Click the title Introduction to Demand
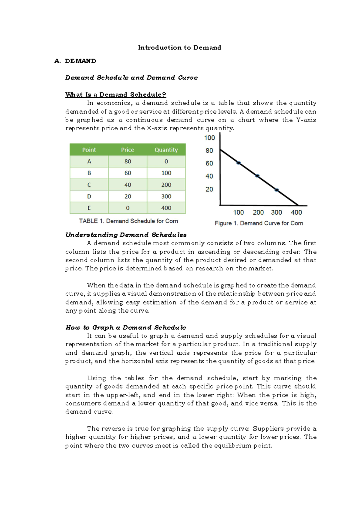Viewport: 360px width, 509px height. pos(179,47)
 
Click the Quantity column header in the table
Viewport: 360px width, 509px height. pos(166,150)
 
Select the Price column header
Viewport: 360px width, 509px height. pos(127,150)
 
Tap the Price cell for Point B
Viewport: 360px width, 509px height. pos(127,173)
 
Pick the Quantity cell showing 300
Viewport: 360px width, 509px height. pos(166,196)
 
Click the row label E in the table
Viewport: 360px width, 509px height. pos(89,208)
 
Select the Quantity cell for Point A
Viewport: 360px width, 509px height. pos(166,161)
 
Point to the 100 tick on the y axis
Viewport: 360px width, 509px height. pos(209,138)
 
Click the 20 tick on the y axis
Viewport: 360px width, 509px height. pos(209,189)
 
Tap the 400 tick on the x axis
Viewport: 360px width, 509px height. pos(296,212)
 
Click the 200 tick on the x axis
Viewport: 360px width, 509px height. pos(258,212)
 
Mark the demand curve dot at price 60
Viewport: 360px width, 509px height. pos(238,163)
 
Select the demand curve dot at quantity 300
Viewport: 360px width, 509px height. pos(277,190)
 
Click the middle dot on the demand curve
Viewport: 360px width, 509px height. pos(257,176)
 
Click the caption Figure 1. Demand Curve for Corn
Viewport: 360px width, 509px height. pos(259,223)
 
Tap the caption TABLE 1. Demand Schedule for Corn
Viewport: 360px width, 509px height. pos(128,221)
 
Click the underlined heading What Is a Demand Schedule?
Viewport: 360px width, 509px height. pos(115,95)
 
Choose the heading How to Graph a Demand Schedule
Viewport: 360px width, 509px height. pos(126,327)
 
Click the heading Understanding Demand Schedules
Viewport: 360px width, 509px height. pos(126,235)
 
